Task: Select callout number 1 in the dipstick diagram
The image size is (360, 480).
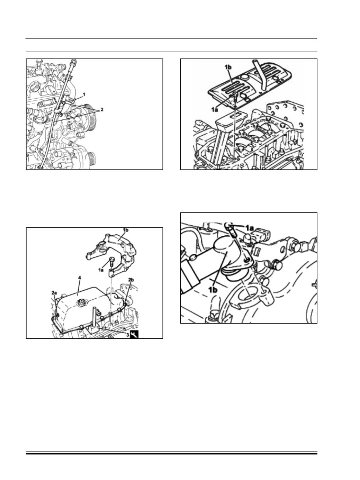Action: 84,94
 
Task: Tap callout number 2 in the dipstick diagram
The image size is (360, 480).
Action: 102,109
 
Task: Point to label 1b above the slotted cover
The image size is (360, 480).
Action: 228,67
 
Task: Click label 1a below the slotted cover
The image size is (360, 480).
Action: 215,110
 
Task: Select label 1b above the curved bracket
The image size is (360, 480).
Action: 125,230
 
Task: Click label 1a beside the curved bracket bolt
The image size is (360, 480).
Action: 101,270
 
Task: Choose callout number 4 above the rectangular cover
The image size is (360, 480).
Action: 80,278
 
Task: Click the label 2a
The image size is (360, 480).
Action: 54,292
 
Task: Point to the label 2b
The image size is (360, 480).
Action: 131,280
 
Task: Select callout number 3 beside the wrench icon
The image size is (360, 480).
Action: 127,335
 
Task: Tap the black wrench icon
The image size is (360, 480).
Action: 134,334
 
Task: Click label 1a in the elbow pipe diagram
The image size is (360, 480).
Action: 249,228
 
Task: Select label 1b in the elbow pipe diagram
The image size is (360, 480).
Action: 213,290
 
